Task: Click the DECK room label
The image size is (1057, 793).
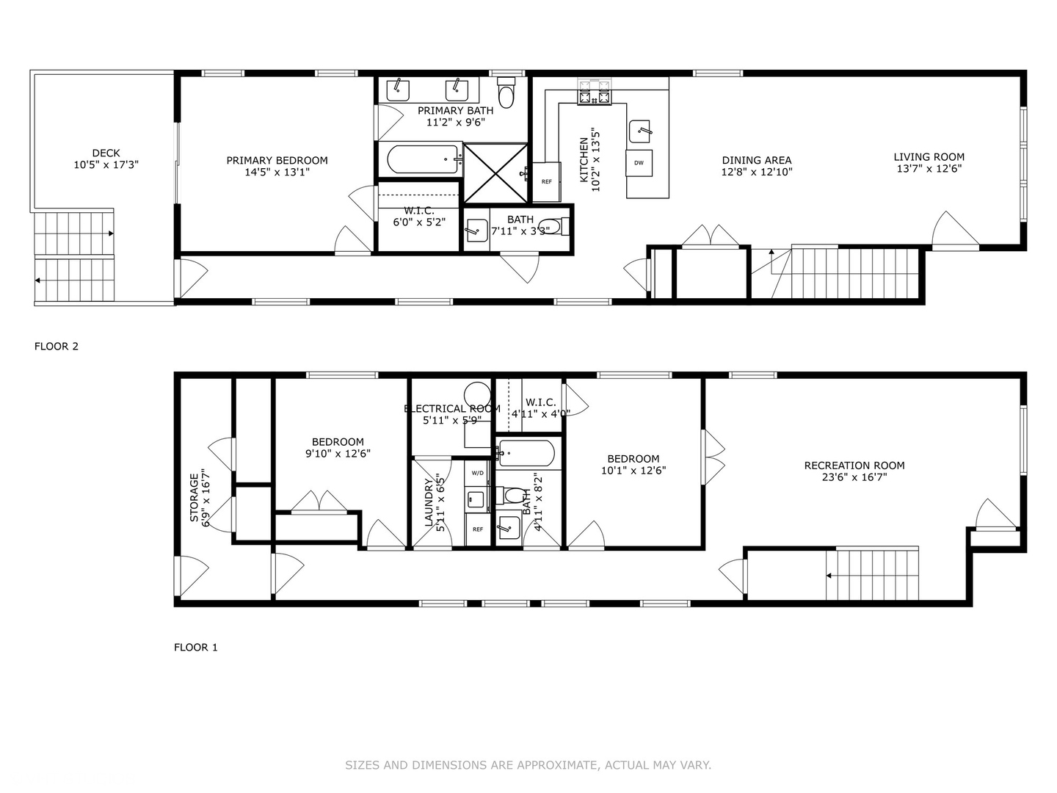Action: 106,153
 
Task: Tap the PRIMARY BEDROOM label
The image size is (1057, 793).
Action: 277,160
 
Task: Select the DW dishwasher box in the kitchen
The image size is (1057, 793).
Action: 639,162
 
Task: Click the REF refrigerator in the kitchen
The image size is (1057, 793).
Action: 546,181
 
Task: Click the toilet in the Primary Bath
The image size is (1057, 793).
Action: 506,93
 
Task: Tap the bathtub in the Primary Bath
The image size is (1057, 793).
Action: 421,159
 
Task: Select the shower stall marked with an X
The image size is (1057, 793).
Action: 496,172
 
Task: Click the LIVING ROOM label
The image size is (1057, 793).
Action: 929,156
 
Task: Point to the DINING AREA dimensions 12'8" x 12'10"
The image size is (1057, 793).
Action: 757,173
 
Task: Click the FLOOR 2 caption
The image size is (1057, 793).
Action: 57,346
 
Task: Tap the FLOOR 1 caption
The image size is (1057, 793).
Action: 196,647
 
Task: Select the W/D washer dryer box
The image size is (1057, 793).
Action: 477,473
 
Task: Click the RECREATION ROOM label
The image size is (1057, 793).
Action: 854,465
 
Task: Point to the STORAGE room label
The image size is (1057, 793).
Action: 195,497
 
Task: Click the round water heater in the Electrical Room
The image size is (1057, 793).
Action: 478,394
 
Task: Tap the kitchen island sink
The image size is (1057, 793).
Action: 640,131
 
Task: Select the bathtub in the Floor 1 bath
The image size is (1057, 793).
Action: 526,454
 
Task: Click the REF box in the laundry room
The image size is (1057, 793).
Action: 477,529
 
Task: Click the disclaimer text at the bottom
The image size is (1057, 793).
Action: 528,765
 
